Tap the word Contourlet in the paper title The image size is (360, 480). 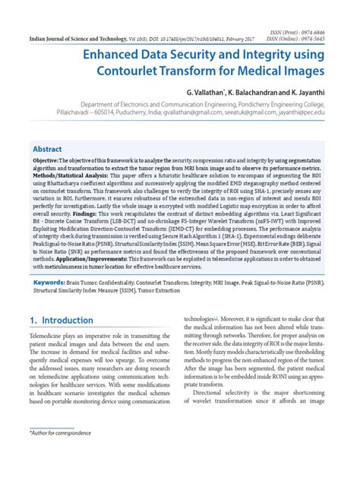pyautogui.click(x=134, y=73)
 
